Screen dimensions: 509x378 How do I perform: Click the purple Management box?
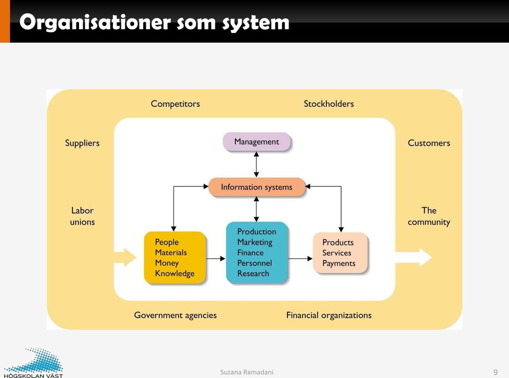click(x=257, y=142)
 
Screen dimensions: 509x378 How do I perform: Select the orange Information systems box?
click(x=257, y=187)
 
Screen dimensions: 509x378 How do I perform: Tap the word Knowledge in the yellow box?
click(x=174, y=273)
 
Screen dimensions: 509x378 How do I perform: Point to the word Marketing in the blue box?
click(x=255, y=243)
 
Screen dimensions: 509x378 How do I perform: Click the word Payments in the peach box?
click(x=339, y=264)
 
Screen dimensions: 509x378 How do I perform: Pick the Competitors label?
click(x=175, y=104)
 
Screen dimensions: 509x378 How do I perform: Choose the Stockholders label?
click(x=329, y=104)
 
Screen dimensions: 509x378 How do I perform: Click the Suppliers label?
click(x=82, y=143)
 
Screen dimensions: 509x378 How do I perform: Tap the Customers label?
click(x=429, y=143)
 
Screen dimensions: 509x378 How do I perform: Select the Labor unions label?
click(x=83, y=216)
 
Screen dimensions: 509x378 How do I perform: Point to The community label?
click(x=429, y=217)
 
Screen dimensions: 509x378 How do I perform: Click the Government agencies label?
click(x=175, y=315)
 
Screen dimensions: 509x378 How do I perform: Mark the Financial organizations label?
click(x=329, y=315)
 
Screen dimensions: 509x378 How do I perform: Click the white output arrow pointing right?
click(x=413, y=257)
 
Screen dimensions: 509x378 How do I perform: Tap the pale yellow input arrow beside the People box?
click(x=125, y=257)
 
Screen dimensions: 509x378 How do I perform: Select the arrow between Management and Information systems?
click(x=257, y=165)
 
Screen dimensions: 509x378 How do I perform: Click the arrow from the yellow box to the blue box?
click(x=216, y=259)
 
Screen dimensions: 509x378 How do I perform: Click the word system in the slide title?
click(x=256, y=23)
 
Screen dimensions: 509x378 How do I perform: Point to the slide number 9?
click(x=495, y=372)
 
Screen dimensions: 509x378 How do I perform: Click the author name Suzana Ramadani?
click(x=247, y=372)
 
